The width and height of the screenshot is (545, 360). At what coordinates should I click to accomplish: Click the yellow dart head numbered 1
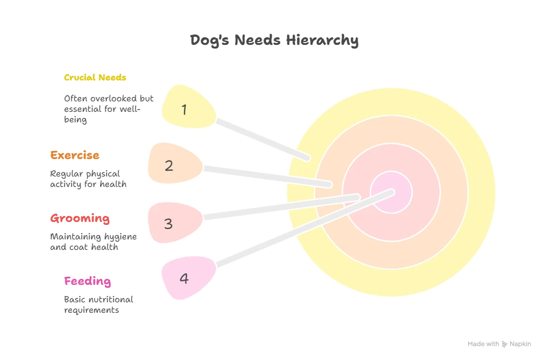pyautogui.click(x=186, y=108)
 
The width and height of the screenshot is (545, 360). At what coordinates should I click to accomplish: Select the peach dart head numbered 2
pyautogui.click(x=171, y=165)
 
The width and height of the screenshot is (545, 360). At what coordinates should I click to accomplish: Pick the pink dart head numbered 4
pyautogui.click(x=185, y=278)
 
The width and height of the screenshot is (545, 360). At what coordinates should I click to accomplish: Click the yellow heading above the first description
pyautogui.click(x=95, y=77)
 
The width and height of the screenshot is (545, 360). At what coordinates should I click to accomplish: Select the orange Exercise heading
pyautogui.click(x=75, y=156)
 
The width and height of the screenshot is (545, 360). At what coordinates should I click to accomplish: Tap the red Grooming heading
pyautogui.click(x=80, y=220)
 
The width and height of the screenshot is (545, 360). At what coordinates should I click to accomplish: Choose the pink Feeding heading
pyautogui.click(x=87, y=281)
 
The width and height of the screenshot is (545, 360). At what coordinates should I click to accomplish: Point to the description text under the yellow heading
pyautogui.click(x=107, y=109)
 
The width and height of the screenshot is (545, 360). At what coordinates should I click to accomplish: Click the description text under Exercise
pyautogui.click(x=88, y=179)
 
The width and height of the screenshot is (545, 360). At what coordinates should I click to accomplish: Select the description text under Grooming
pyautogui.click(x=93, y=242)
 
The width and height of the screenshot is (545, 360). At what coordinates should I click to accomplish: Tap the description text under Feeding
pyautogui.click(x=98, y=305)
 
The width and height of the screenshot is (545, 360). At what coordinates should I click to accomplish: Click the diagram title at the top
pyautogui.click(x=272, y=42)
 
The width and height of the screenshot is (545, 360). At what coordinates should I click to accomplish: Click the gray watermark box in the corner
pyautogui.click(x=498, y=345)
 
